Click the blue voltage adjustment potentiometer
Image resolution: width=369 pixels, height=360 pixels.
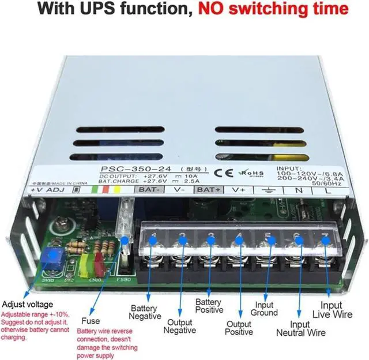coord(55,256)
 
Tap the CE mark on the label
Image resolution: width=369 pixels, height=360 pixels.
coord(220,172)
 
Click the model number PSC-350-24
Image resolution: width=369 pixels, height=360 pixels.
coord(124,168)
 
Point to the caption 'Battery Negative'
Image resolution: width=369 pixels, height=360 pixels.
coord(145,312)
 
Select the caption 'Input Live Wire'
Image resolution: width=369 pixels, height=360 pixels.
coord(336,309)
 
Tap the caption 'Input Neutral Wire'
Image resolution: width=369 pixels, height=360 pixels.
coord(300,329)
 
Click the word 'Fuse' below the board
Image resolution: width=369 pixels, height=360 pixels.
coord(90,321)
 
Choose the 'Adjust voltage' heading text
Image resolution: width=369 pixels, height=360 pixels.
coord(27,304)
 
